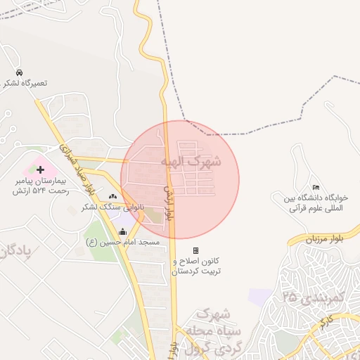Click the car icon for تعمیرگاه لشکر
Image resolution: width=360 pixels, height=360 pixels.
19,73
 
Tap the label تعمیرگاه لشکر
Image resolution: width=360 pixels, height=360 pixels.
25,84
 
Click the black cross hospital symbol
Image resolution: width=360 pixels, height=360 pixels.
40,169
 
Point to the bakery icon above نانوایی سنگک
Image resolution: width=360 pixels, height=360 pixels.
113,195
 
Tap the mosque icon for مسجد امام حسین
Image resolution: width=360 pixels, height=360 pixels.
123,231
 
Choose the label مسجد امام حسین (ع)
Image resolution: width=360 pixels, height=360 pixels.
123,242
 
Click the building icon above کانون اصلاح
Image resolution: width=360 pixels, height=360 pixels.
195,250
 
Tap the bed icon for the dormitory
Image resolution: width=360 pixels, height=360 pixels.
316,186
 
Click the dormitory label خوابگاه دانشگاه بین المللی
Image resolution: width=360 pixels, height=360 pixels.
316,203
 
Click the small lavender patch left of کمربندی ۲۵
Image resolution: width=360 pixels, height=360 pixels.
259,297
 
